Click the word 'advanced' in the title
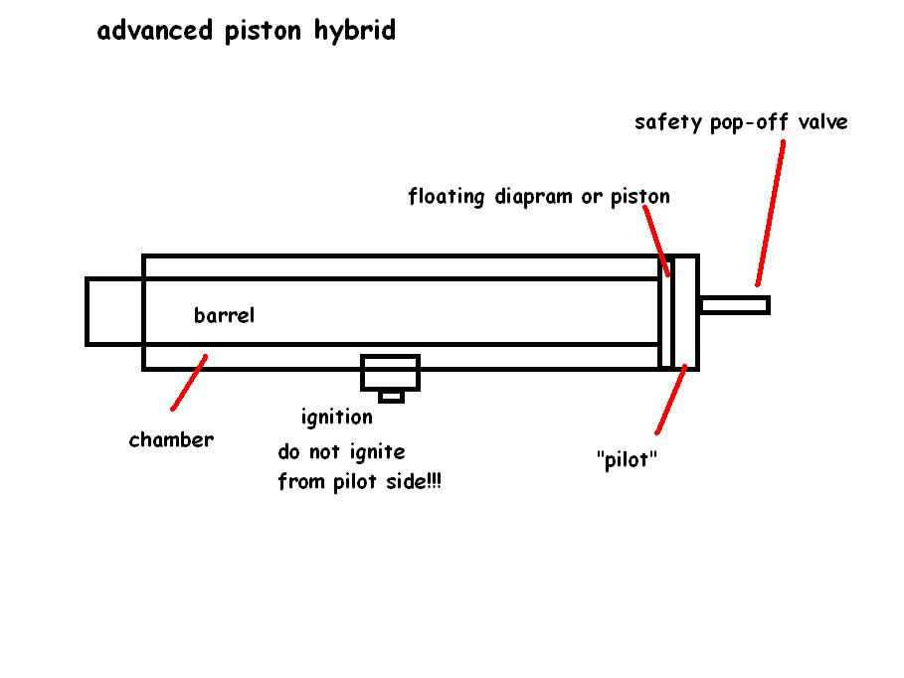click(155, 32)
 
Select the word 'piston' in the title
click(264, 33)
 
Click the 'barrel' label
click(224, 316)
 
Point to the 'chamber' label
click(171, 439)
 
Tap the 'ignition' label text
click(336, 418)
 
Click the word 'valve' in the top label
click(823, 122)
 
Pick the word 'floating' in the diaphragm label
click(448, 197)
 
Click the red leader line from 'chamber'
click(189, 383)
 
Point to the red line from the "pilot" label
click(671, 400)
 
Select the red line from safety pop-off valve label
click(770, 213)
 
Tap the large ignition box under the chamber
click(390, 374)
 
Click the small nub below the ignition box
click(391, 397)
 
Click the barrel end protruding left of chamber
click(114, 311)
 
